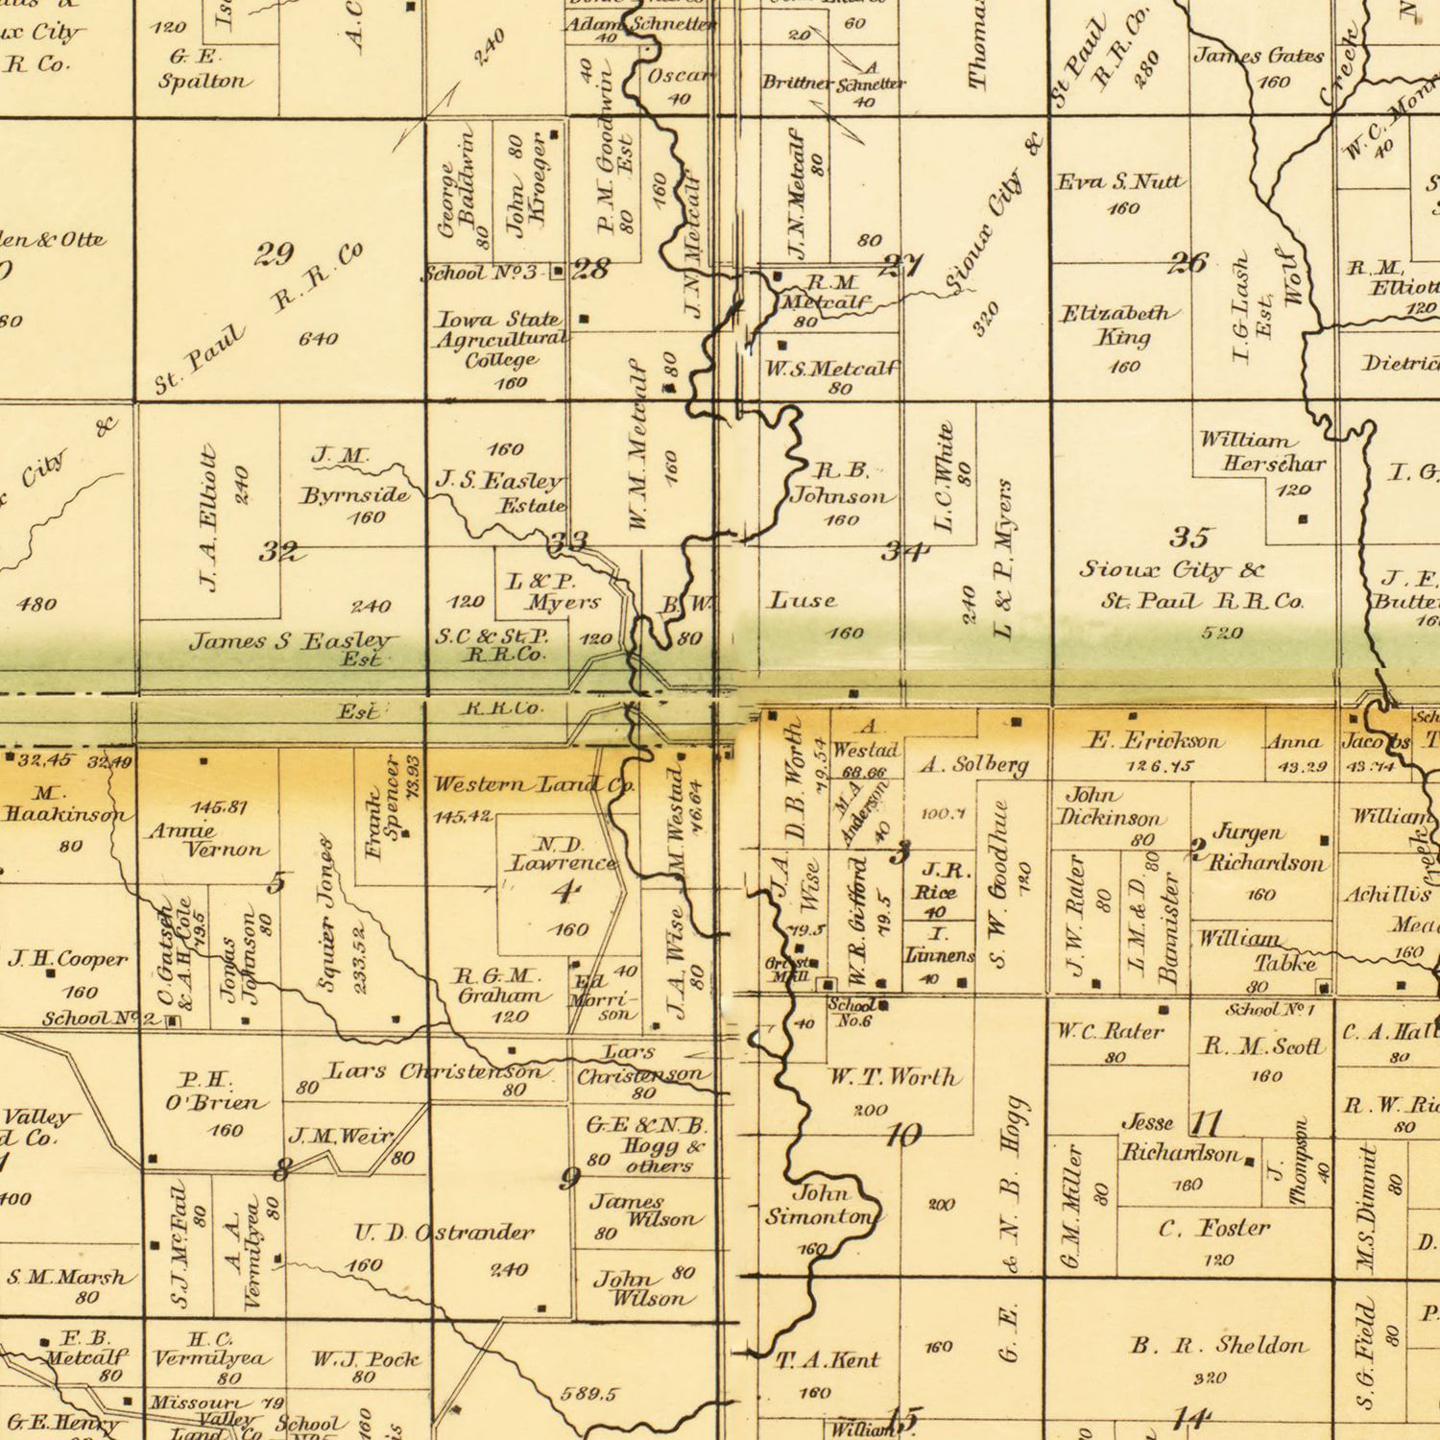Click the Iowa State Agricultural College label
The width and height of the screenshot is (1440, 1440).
(x=500, y=340)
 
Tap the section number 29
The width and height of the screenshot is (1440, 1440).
(x=275, y=255)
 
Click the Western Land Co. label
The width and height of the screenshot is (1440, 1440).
(x=533, y=785)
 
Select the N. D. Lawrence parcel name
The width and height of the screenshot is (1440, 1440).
(x=562, y=854)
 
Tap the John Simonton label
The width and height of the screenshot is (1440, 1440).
(x=822, y=1206)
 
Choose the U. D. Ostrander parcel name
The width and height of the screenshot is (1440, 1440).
(x=444, y=1233)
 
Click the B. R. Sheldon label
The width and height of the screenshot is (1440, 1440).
(x=1218, y=1346)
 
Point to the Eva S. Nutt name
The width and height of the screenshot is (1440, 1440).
(x=1120, y=181)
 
